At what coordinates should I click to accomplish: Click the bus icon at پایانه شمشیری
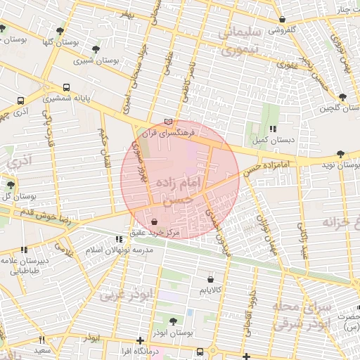[x=66, y=89]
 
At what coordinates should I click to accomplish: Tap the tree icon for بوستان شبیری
[x=96, y=49]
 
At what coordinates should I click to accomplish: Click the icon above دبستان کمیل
[x=273, y=129]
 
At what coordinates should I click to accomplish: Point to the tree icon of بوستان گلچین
[x=342, y=98]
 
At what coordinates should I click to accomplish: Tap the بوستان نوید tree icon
[x=340, y=154]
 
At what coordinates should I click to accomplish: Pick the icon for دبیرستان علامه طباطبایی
[x=25, y=250]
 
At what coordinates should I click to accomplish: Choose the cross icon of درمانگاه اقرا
[x=140, y=340]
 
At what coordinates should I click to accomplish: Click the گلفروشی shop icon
[x=282, y=19]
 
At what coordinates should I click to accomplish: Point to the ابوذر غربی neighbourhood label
[x=126, y=295]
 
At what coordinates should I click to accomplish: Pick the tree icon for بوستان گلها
[x=60, y=32]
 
